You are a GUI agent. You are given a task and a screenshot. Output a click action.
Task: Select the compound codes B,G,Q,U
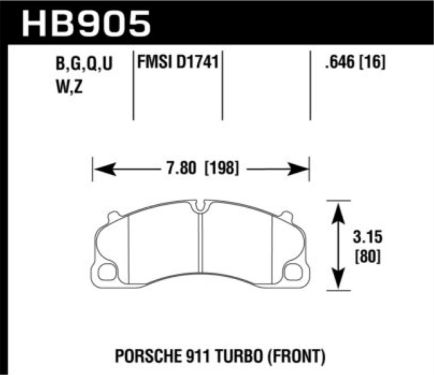84,65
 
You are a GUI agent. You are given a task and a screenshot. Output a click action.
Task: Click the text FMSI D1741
178,63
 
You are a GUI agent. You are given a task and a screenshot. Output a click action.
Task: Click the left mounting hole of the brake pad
107,270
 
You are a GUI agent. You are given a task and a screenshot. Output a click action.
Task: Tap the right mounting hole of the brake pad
294,270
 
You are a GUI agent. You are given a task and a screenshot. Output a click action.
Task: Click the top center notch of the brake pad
201,206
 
